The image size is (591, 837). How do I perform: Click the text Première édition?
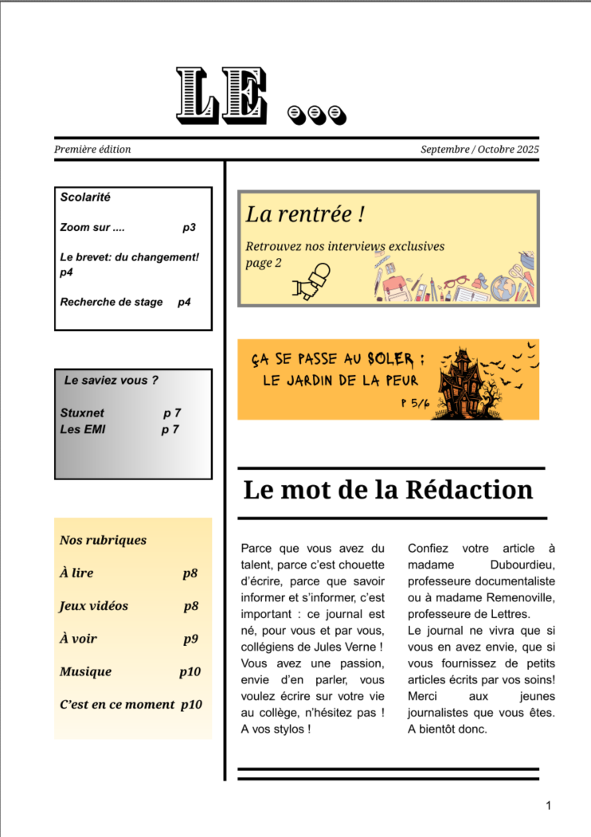pos(92,149)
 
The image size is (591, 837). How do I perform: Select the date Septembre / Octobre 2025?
pos(479,149)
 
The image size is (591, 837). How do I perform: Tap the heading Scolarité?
pos(85,197)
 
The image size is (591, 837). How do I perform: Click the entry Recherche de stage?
pos(112,302)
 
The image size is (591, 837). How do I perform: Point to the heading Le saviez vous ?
pos(112,380)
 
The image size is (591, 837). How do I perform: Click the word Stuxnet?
pos(82,413)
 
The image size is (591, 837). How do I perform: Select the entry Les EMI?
pos(83,429)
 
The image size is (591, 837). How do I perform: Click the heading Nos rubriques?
pos(103,540)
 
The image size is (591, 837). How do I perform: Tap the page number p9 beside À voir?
pos(190,639)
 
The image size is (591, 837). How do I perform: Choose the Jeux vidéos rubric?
pos(94,606)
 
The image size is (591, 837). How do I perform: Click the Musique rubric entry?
pos(85,671)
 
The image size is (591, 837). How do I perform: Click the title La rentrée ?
pos(305,213)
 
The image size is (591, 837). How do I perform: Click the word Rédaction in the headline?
pos(469,489)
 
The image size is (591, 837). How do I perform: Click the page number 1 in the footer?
pos(548,807)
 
